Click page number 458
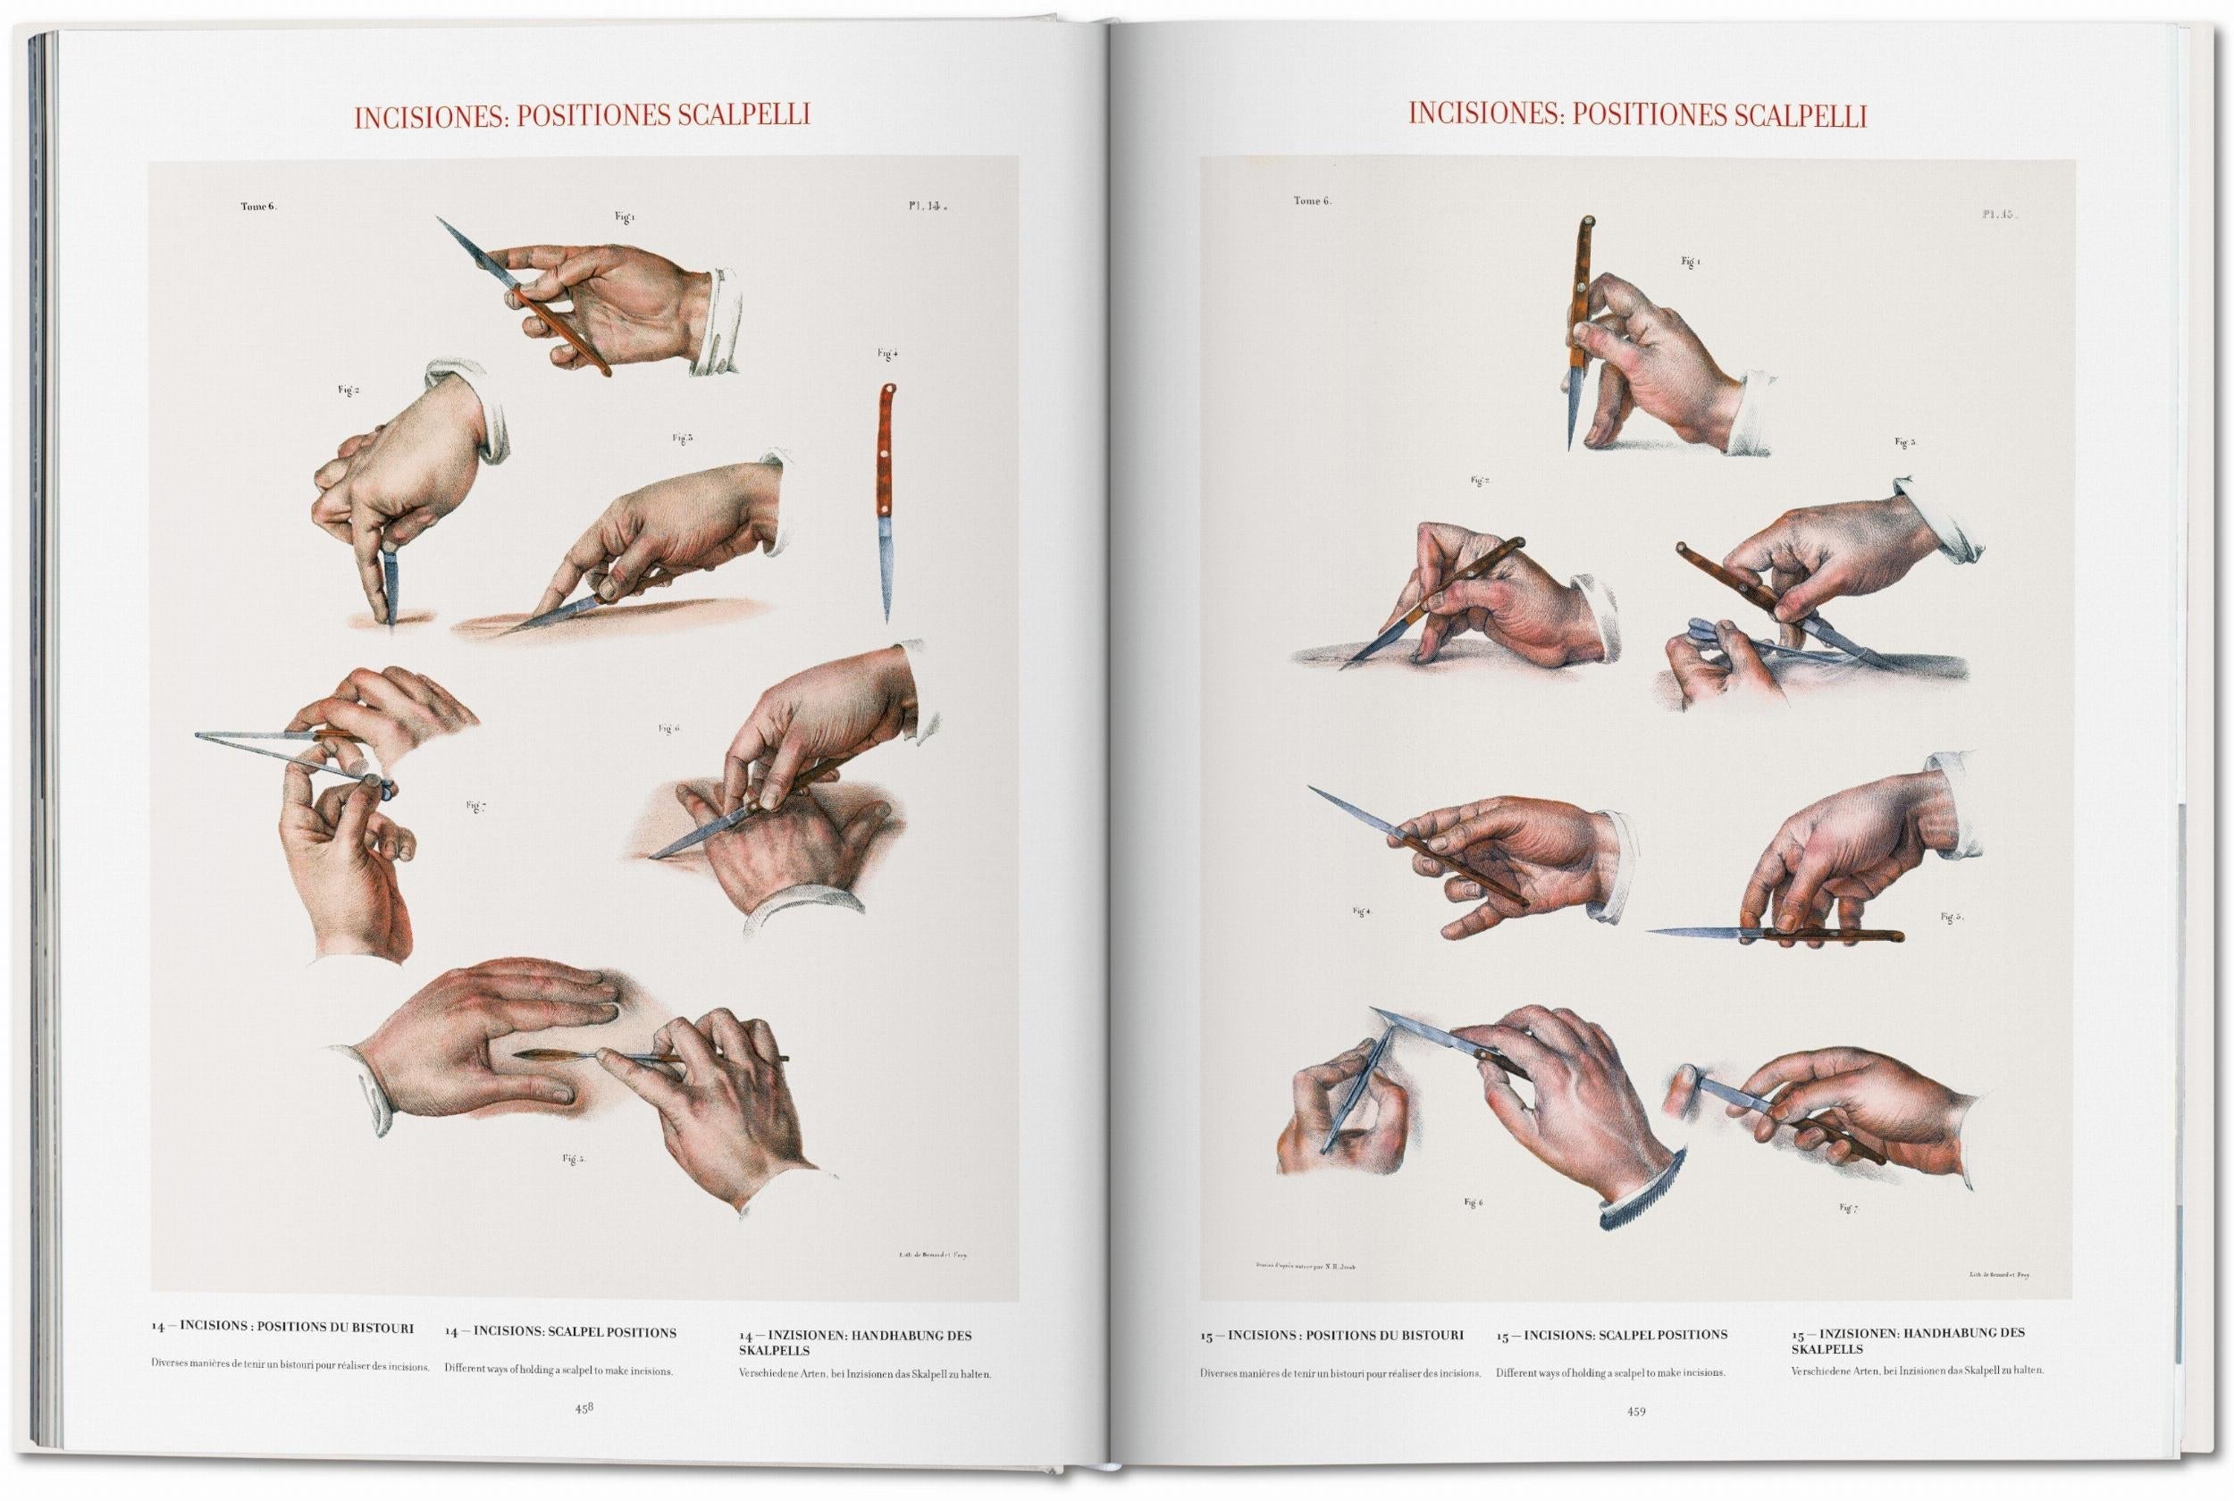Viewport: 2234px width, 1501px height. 583,1408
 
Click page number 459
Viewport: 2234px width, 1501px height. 1636,1410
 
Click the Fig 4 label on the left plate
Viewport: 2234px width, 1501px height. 887,354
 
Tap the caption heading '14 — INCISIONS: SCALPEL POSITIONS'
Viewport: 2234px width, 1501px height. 560,1331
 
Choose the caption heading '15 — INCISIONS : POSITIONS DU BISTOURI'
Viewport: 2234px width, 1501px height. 1331,1335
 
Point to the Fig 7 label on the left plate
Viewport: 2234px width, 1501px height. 476,806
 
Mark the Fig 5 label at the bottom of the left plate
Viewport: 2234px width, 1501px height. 574,1160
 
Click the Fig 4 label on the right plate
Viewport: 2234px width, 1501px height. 1361,911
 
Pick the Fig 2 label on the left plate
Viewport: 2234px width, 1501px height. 349,390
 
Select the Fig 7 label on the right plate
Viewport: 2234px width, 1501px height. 1847,1208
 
